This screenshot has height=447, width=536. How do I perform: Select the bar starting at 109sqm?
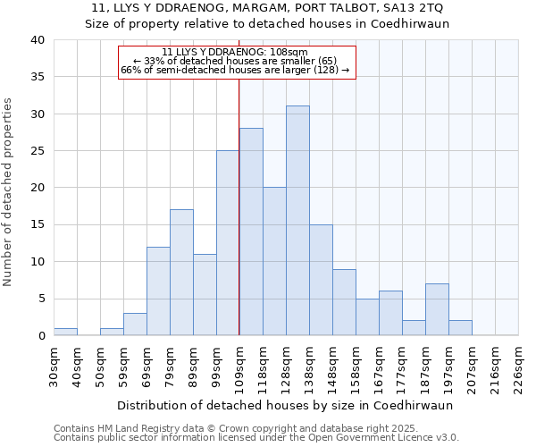[251, 232]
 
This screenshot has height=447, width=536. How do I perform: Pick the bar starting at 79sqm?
[181, 273]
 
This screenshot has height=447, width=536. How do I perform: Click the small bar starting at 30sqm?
[65, 332]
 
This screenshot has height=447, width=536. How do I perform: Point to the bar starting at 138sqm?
[321, 280]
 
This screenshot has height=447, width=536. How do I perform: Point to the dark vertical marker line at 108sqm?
[239, 206]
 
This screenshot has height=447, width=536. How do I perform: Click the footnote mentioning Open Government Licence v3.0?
[256, 437]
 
